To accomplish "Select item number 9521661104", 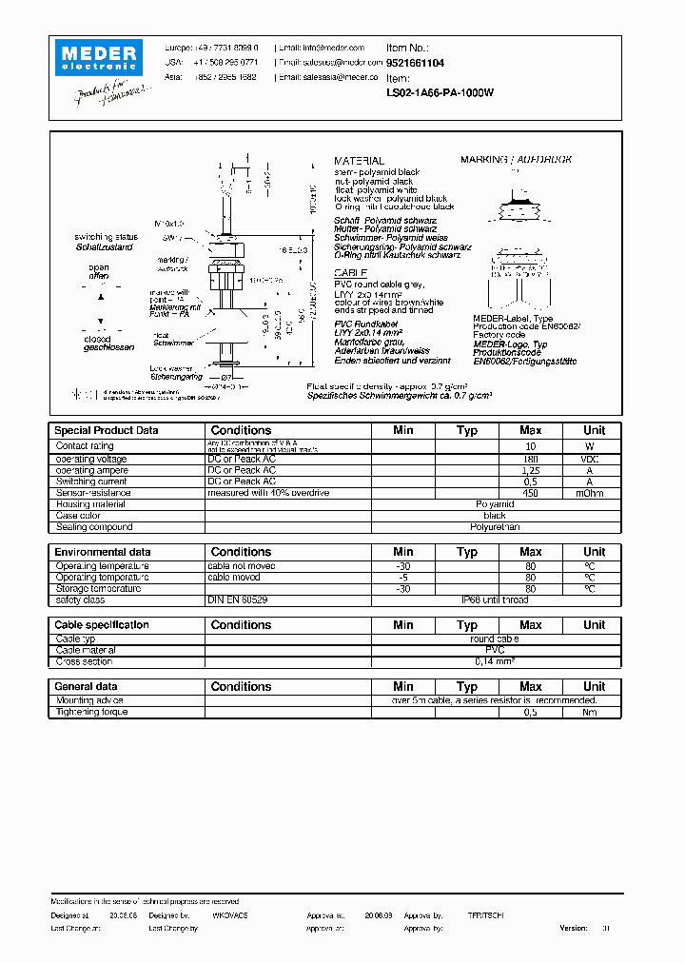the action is click(415, 63).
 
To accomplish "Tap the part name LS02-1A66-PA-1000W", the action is click(440, 93).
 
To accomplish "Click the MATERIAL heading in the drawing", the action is click(359, 161).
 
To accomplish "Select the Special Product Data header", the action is click(107, 430).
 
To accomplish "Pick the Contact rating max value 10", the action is click(531, 446).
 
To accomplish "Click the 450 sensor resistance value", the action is click(531, 493).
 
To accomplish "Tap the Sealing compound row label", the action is click(93, 527).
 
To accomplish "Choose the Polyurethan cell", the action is click(495, 527).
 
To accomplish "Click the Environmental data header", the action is click(103, 552).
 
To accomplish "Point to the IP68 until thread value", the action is click(495, 600).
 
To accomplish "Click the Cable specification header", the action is click(102, 625).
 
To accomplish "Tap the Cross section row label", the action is click(85, 661).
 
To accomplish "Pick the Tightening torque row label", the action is click(91, 712).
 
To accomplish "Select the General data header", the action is click(87, 686).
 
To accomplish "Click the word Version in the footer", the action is click(574, 927).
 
